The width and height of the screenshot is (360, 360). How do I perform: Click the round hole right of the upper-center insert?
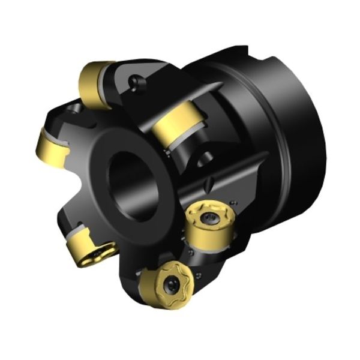coord(207,158)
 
